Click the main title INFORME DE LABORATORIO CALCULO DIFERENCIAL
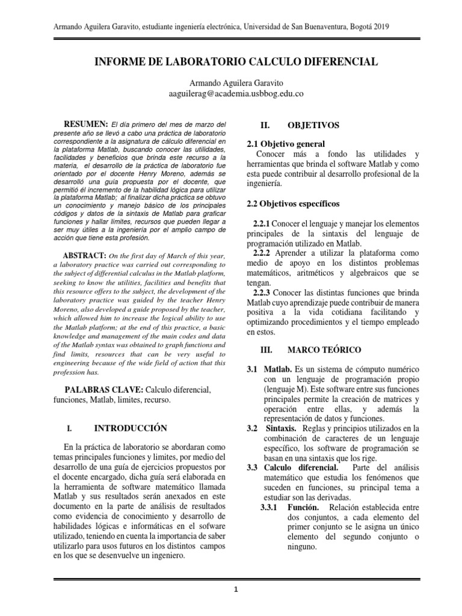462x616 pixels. pos(234,62)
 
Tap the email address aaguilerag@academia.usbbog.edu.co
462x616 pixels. pos(235,93)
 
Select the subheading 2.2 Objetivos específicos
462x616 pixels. pos(294,203)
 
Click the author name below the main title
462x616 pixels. pos(234,82)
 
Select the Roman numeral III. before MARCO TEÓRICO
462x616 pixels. pos(266,349)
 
